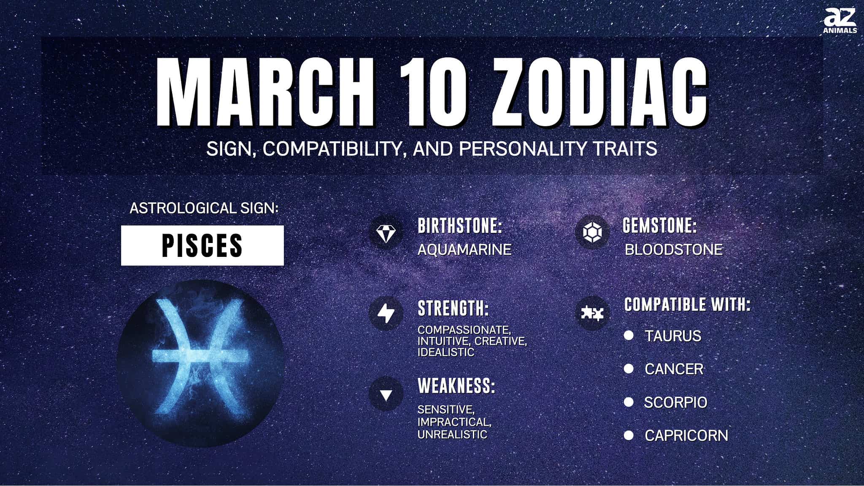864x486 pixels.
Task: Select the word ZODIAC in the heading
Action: pyautogui.click(x=599, y=92)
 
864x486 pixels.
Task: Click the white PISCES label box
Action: pyautogui.click(x=202, y=246)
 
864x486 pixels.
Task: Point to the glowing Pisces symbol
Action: pyautogui.click(x=201, y=356)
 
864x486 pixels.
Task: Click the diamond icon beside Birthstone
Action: pyautogui.click(x=386, y=233)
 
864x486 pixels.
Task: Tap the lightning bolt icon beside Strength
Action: pyautogui.click(x=386, y=313)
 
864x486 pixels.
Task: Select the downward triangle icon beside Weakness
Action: pyautogui.click(x=386, y=395)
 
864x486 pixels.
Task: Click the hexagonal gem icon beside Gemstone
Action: pyautogui.click(x=592, y=232)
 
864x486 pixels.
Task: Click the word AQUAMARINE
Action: pyautogui.click(x=464, y=250)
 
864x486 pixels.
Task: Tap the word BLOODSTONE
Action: pyautogui.click(x=674, y=250)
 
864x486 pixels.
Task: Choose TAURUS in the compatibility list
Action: pyautogui.click(x=673, y=336)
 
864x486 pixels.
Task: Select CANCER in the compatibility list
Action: pyautogui.click(x=674, y=369)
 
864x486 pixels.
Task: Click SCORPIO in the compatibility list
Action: pyautogui.click(x=675, y=402)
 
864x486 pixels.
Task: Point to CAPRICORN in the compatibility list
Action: pyautogui.click(x=686, y=436)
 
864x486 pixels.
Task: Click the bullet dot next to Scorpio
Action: pyautogui.click(x=629, y=402)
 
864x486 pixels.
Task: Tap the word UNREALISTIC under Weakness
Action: pyautogui.click(x=452, y=435)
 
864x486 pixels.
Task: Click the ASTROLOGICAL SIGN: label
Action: pyautogui.click(x=204, y=208)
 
